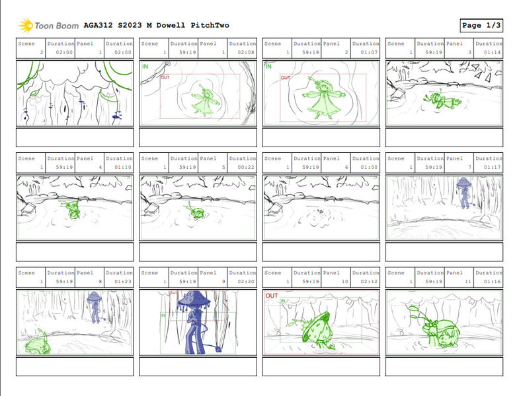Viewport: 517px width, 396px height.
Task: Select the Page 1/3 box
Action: (481, 26)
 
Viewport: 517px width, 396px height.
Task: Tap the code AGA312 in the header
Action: (98, 26)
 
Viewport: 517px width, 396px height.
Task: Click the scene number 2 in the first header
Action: (41, 53)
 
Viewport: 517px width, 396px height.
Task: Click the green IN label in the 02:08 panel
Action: (145, 67)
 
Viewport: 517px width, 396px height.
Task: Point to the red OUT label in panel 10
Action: (271, 296)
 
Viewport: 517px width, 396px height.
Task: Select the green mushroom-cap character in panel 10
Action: (315, 327)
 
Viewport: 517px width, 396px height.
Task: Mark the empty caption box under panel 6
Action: (321, 251)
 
